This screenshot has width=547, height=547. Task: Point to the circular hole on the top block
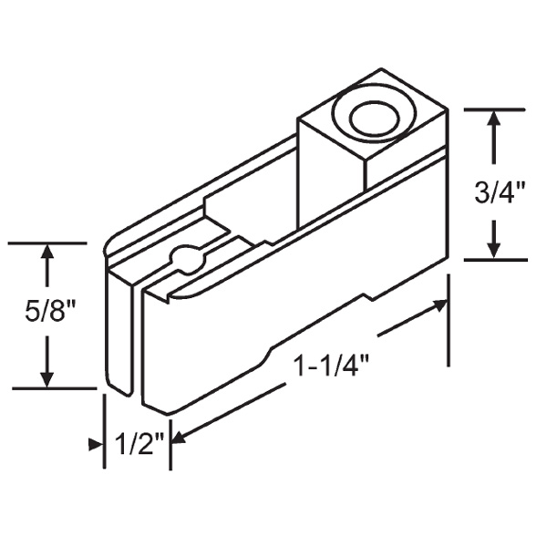[x=368, y=119]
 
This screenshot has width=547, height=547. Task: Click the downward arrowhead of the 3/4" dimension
[x=494, y=248]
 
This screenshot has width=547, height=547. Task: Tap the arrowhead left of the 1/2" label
[x=96, y=444]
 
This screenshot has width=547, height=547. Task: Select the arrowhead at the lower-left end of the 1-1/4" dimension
[x=178, y=439]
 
